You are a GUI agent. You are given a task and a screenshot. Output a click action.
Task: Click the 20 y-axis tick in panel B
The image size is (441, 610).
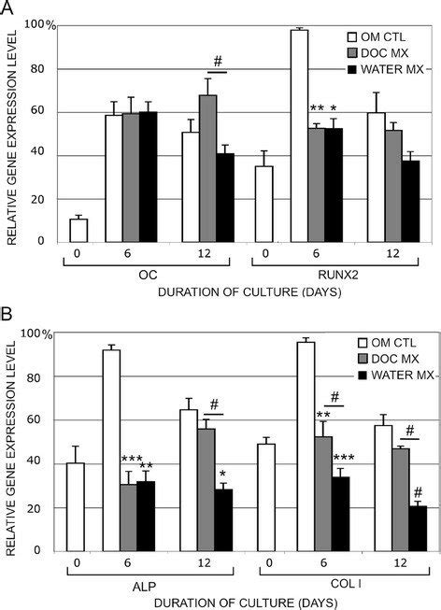point(43,508)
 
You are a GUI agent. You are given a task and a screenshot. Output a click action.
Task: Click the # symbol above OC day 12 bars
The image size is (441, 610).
point(218,62)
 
